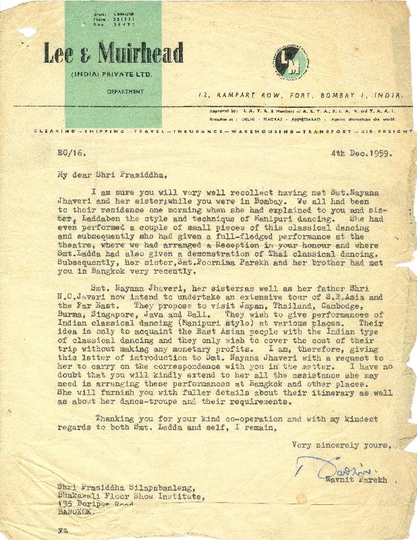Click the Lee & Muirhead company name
[x=113, y=53]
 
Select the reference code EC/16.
[x=66, y=153]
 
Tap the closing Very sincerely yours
[x=341, y=445]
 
